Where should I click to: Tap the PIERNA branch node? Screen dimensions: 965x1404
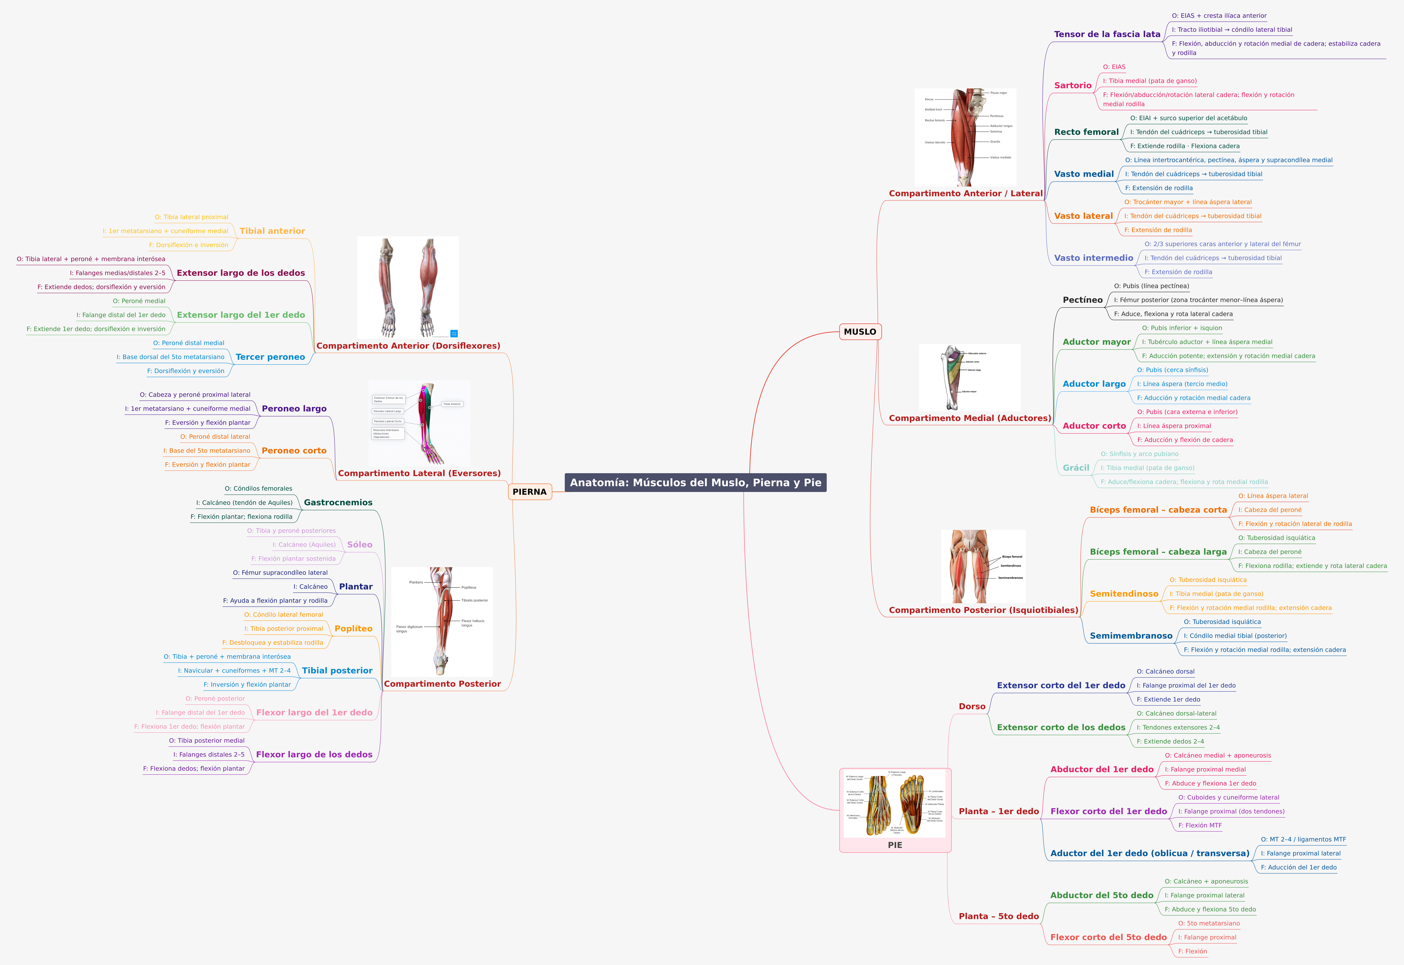(529, 492)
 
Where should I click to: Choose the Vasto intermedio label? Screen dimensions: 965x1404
(1093, 258)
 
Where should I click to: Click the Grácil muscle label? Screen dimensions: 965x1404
(1076, 468)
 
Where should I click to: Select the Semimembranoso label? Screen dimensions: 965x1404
(1131, 636)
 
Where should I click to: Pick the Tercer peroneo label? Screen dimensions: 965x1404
(270, 357)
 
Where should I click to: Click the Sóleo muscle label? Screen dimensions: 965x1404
(360, 545)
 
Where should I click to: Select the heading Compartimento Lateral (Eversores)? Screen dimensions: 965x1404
(419, 473)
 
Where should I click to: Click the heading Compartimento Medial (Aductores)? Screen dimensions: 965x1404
(969, 418)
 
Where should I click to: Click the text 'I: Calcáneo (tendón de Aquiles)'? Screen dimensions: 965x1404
(244, 502)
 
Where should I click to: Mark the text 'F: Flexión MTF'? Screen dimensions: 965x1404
(1200, 825)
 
